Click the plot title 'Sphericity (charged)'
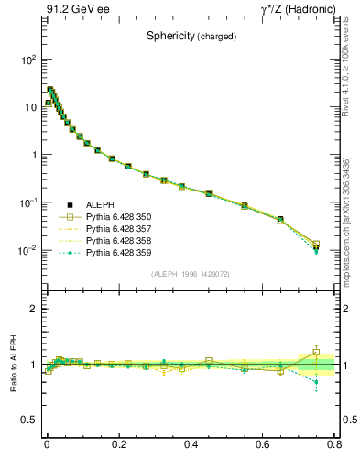tap(191, 37)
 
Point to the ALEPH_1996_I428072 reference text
tap(191, 274)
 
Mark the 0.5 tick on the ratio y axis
tap(30, 420)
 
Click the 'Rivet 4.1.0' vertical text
tap(352, 69)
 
